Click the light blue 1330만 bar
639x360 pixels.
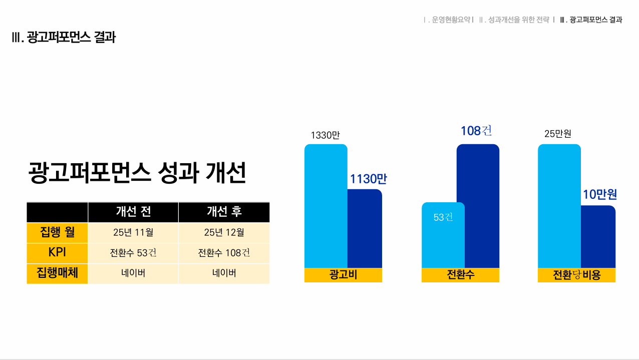click(326, 205)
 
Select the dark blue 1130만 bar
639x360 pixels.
click(365, 228)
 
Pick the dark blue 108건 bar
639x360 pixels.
click(478, 205)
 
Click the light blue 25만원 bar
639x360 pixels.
click(559, 205)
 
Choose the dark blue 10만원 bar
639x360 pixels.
click(598, 236)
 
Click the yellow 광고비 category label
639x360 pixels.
click(343, 275)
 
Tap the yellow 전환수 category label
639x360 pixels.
click(460, 275)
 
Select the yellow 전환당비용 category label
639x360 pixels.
click(576, 275)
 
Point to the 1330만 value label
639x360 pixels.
click(325, 135)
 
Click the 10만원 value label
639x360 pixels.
click(599, 195)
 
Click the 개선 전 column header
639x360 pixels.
click(133, 212)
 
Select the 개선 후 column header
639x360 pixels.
click(224, 212)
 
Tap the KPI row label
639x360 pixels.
click(57, 253)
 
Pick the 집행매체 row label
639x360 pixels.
click(57, 273)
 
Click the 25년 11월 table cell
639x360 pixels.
click(133, 232)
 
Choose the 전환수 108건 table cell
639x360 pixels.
click(224, 253)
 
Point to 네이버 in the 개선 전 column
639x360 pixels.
click(133, 273)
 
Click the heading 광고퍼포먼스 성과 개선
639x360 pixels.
click(137, 173)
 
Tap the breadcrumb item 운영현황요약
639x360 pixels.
click(451, 20)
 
